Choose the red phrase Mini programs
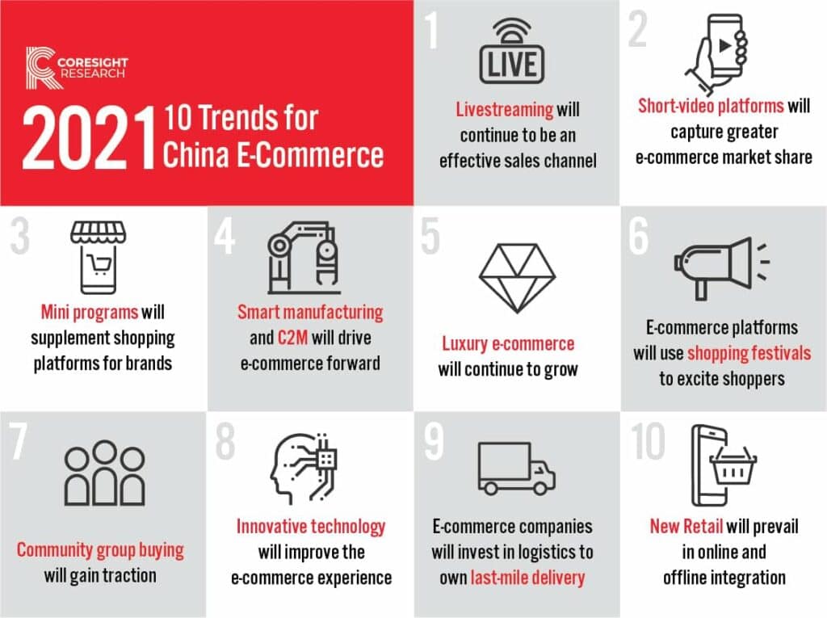[x=90, y=311]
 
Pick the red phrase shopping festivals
[x=749, y=353]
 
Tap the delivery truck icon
[x=515, y=468]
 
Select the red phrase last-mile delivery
[x=528, y=578]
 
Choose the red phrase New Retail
[x=686, y=527]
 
